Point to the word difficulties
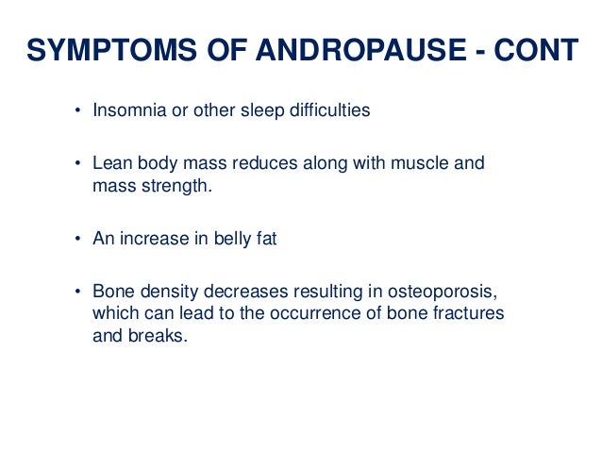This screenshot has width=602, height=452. (321, 110)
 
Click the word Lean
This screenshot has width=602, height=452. (109, 163)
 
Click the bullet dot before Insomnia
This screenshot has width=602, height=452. (79, 111)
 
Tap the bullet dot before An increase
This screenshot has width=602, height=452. (79, 240)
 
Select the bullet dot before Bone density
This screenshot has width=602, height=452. (79, 293)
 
